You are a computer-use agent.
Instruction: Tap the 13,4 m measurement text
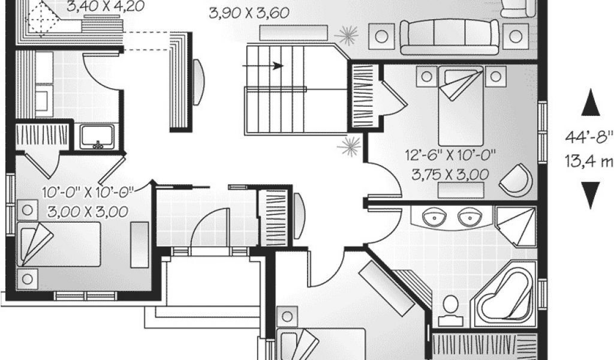click(x=590, y=160)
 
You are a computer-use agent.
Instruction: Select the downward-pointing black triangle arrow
click(x=591, y=193)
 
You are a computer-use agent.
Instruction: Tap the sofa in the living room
click(x=449, y=36)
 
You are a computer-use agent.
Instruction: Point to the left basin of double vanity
click(x=434, y=217)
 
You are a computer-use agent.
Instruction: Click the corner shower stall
click(x=516, y=227)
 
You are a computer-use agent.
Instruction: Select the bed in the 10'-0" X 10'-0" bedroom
click(x=60, y=243)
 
